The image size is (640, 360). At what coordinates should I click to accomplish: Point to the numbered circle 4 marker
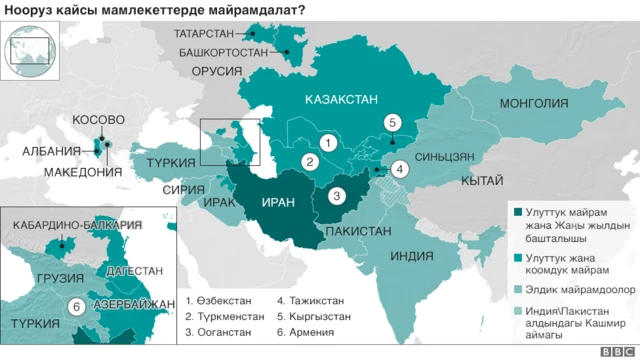[400, 169]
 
